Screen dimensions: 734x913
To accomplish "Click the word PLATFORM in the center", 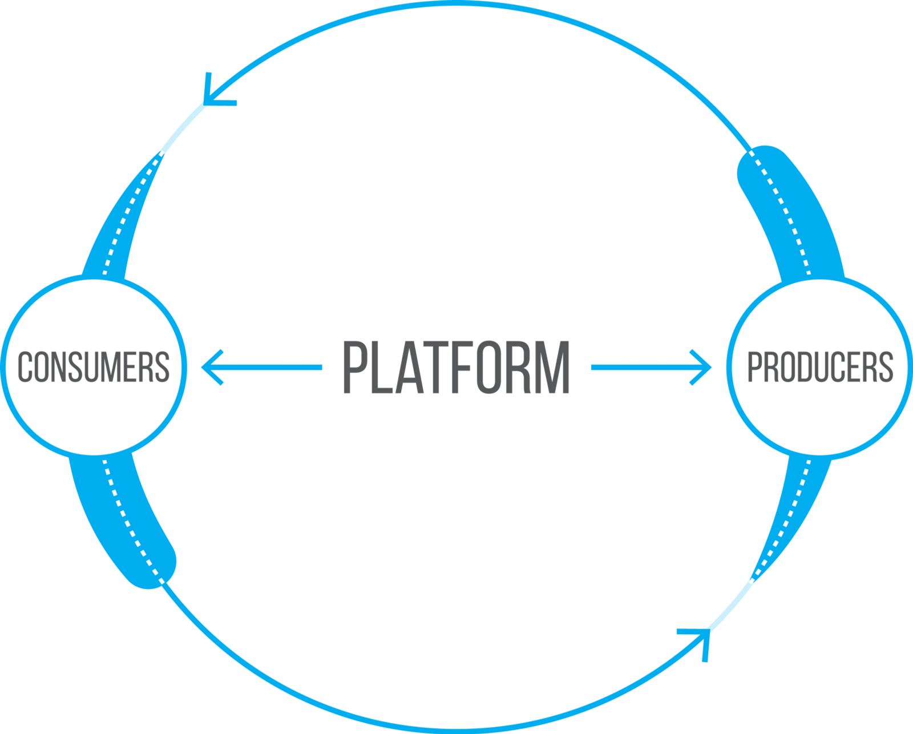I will click(x=456, y=367).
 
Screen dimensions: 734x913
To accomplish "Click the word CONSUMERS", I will click(x=94, y=366).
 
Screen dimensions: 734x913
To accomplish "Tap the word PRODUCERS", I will click(x=820, y=366).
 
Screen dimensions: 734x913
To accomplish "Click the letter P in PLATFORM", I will click(x=354, y=367).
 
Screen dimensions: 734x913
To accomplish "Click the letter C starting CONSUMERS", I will click(x=25, y=366).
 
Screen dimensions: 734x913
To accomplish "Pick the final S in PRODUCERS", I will click(x=886, y=366).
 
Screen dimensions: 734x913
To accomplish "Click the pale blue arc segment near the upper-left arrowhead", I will click(x=183, y=128).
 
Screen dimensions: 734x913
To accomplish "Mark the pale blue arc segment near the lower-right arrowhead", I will click(x=731, y=606).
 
